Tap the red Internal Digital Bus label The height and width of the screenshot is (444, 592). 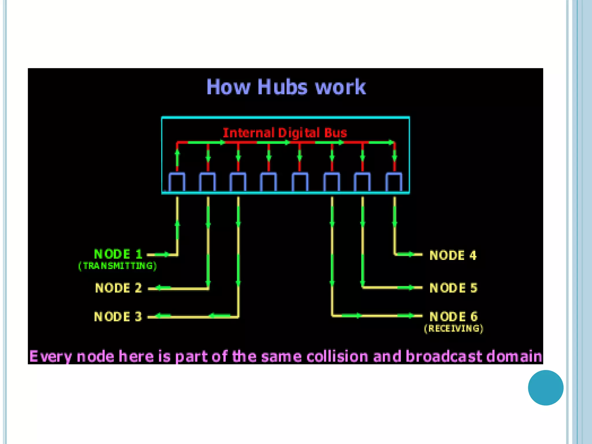tap(285, 133)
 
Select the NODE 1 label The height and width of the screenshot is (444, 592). tap(118, 254)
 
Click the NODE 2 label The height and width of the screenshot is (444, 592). tap(119, 288)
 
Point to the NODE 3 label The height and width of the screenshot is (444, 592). tap(118, 317)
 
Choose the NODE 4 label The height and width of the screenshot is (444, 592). tap(453, 255)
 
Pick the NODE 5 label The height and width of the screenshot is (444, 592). tap(454, 288)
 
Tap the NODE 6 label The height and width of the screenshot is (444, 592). tap(454, 317)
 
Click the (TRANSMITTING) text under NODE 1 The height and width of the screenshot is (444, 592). tap(118, 266)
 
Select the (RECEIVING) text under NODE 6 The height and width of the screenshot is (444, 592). tap(454, 328)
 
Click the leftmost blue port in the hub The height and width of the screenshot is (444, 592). tap(177, 182)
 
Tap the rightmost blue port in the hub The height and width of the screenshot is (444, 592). tap(394, 182)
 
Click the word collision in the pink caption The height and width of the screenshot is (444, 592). tap(337, 356)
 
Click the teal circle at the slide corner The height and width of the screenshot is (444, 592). tap(545, 388)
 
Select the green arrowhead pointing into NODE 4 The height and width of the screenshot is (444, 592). tap(411, 254)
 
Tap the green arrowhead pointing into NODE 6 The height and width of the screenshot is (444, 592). tap(411, 316)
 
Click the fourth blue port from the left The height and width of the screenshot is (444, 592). tap(269, 182)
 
